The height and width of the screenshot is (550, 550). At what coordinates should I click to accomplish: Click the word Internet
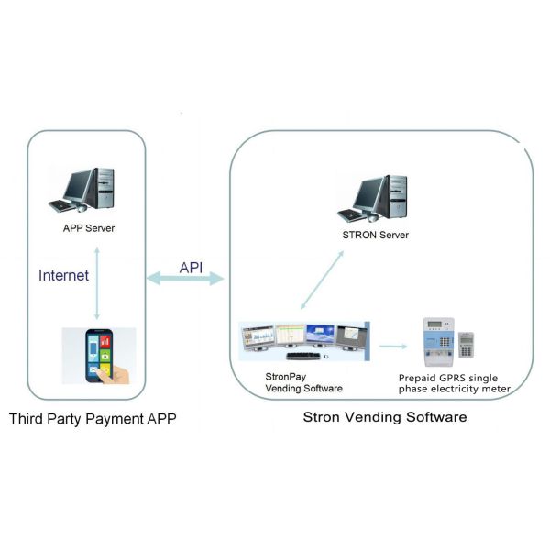coord(64,274)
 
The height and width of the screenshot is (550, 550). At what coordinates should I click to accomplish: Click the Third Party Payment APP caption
coord(92,419)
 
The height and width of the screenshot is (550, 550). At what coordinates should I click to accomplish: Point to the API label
coord(191,267)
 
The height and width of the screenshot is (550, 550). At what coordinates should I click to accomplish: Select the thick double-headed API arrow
coord(187,278)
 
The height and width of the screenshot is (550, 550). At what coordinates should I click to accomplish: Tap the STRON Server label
coord(375,235)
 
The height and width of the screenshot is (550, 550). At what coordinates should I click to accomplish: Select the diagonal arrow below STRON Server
coord(324,280)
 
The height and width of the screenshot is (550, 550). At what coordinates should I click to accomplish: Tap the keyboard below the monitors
coord(303,355)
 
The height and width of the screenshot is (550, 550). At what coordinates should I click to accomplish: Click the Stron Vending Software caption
coord(384,417)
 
